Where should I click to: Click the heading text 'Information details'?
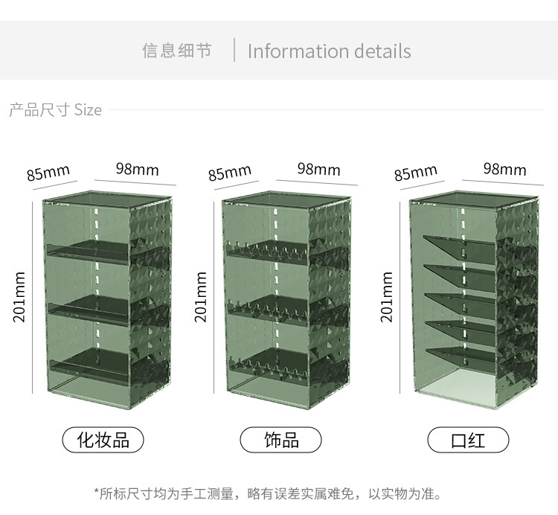click(329, 51)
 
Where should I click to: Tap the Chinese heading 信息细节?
click(177, 51)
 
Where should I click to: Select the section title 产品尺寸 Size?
click(55, 110)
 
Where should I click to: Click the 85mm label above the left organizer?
click(48, 173)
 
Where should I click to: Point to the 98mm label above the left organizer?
click(137, 169)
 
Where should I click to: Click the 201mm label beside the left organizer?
click(20, 297)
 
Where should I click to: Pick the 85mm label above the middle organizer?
click(230, 173)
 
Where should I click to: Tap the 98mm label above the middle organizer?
click(318, 169)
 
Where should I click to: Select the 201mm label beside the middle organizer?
click(201, 297)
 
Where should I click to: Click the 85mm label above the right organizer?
click(415, 173)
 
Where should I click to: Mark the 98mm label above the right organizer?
click(504, 169)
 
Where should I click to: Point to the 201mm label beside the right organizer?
click(387, 297)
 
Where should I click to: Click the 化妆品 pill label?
click(103, 440)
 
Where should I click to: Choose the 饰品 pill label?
click(281, 440)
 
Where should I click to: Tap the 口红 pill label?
click(468, 440)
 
